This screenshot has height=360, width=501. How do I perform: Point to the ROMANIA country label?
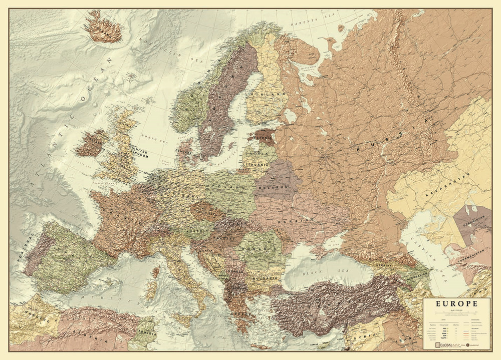260,248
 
